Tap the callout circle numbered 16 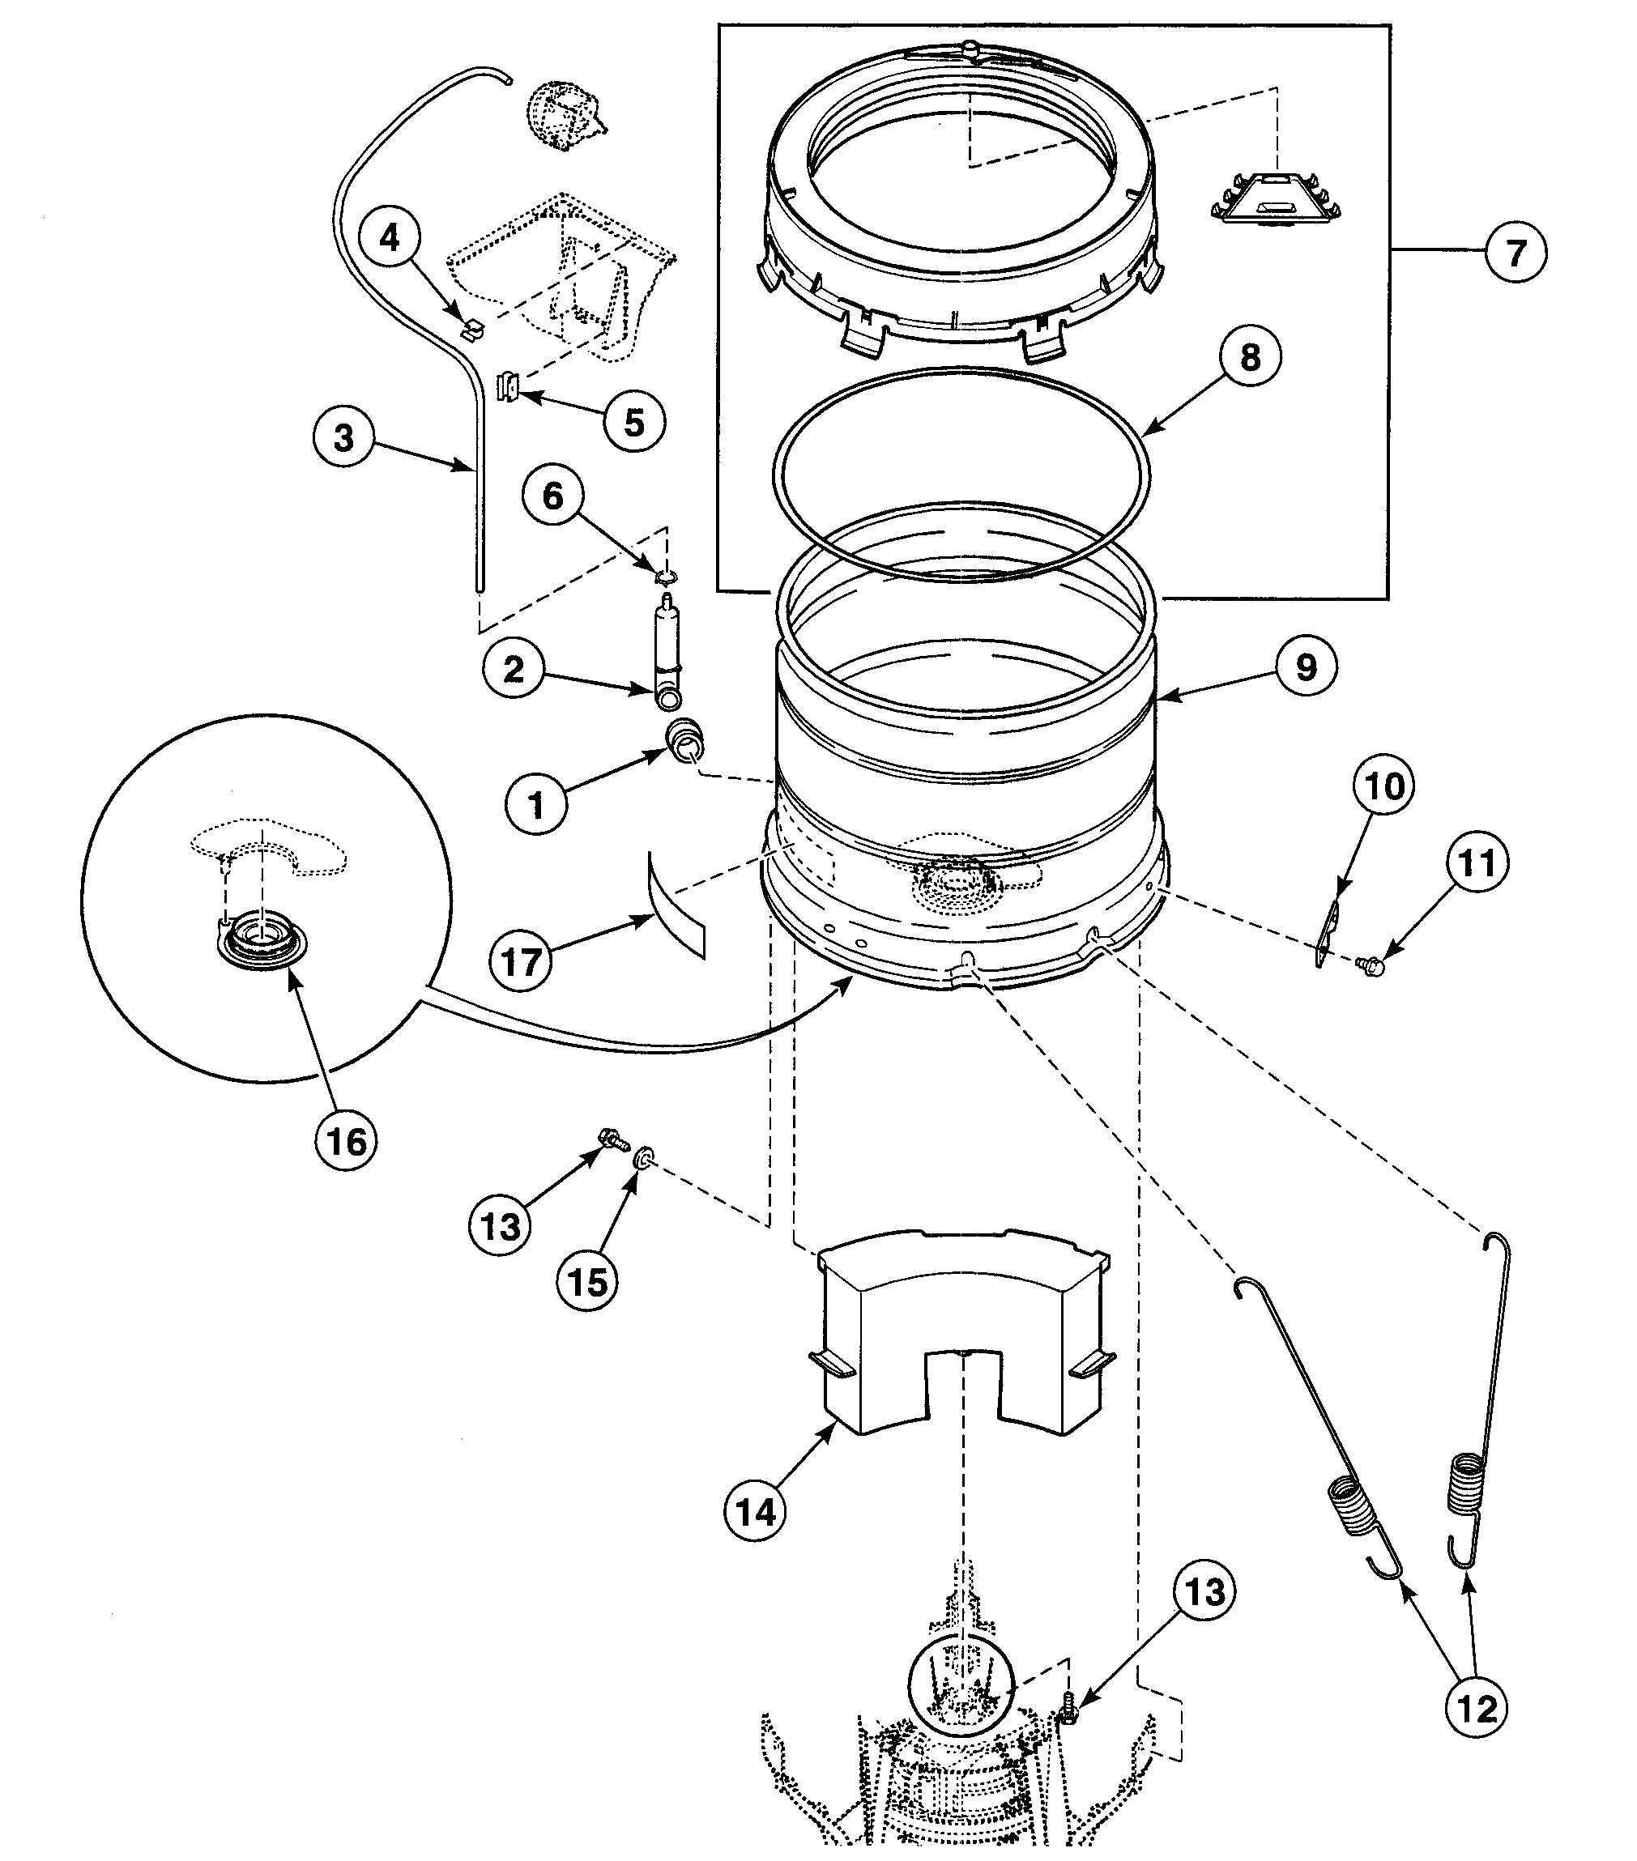pos(346,1140)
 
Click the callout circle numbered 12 pos(1476,1709)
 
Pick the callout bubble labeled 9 pos(1306,666)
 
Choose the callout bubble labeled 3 pos(343,437)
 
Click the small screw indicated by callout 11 pos(1367,965)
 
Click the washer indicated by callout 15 pos(644,1158)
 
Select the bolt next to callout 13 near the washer pos(612,1138)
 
